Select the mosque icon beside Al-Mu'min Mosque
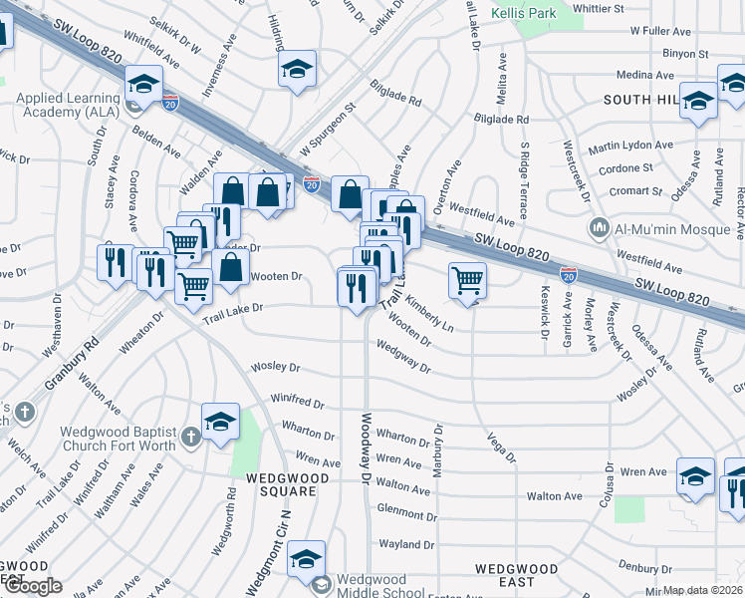[x=599, y=228]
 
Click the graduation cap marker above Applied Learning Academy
[x=143, y=86]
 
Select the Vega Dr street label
[x=501, y=448]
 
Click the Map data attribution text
[x=703, y=590]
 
